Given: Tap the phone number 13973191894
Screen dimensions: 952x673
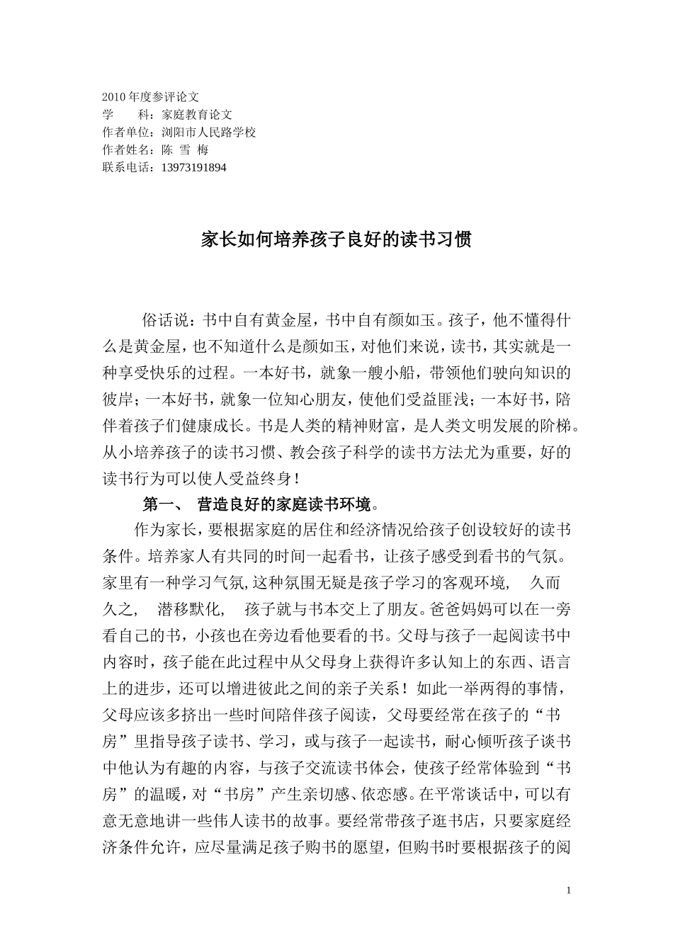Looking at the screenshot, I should coord(194,168).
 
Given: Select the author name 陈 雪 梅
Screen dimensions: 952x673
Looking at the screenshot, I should coord(185,149).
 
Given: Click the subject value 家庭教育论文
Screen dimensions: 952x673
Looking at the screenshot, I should coord(197,113).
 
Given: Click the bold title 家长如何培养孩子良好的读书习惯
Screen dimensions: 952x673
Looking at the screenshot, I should coord(336,239).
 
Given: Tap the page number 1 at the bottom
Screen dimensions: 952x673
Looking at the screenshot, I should coord(569,890).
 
